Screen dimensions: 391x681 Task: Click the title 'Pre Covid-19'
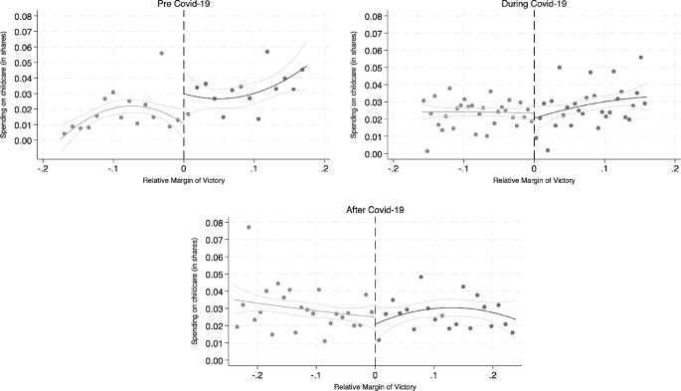183,5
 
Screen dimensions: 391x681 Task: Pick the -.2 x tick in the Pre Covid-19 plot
42,168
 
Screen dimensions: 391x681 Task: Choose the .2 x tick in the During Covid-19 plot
675,168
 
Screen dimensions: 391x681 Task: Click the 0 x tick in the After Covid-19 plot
375,375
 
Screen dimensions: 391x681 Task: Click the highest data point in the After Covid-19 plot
249,228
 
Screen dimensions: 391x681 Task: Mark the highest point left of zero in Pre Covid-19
161,54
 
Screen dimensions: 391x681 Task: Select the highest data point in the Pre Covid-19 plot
267,52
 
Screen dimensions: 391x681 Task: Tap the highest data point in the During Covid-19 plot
641,57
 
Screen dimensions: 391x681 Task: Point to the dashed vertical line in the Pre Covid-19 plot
183,90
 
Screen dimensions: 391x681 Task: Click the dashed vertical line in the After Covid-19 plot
375,289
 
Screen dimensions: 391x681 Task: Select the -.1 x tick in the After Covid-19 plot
316,375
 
